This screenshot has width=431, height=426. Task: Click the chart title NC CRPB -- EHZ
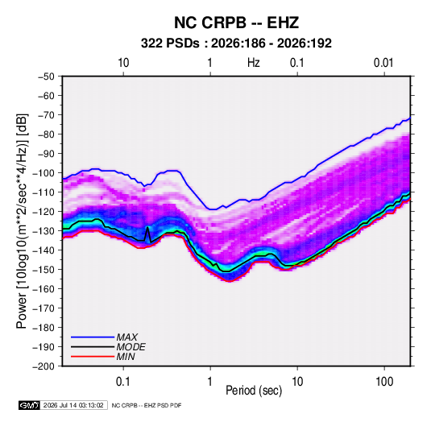236,23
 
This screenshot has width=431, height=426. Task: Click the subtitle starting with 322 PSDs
236,43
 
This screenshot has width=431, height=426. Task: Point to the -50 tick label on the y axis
46,77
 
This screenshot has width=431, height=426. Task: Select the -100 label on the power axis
44,173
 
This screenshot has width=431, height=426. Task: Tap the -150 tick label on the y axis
44,270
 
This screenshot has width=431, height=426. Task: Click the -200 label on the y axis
44,366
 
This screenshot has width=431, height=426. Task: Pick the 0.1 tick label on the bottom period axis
123,382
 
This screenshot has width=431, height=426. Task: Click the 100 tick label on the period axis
384,382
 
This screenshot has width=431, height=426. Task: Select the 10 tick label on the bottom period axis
297,382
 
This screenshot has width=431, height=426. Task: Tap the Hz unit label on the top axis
254,63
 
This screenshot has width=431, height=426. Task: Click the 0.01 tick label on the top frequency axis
383,63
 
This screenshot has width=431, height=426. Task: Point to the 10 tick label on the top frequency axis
123,63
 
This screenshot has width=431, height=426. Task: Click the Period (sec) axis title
254,391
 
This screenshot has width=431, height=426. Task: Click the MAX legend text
126,337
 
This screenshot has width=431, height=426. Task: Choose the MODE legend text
131,347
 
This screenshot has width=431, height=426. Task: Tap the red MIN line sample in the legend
93,357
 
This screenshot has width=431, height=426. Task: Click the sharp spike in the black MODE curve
147,227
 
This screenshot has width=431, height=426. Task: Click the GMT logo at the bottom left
29,405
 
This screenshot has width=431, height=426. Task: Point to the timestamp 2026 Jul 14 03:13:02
73,405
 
